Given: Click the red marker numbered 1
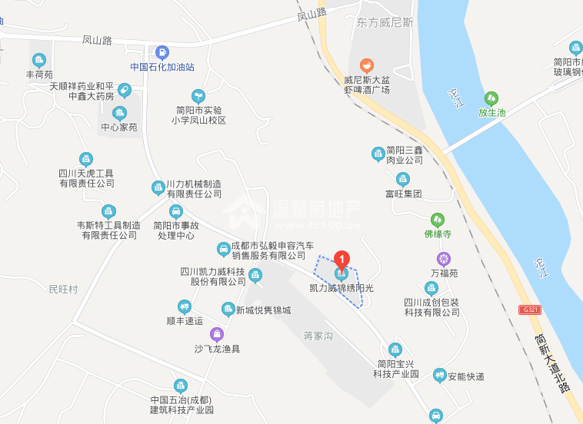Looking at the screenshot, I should pos(341,260).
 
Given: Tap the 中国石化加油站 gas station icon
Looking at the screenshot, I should pos(162,52).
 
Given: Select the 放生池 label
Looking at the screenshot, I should pos(491,112).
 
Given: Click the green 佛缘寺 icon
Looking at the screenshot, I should pos(438,219).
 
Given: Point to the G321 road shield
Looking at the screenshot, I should pos(528,309).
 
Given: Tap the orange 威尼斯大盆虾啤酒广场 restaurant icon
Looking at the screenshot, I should pos(367,65).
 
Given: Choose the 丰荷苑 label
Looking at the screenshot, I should pos(39,75).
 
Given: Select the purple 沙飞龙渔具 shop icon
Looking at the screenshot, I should pos(217,334).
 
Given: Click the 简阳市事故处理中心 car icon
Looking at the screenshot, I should pos(175,211).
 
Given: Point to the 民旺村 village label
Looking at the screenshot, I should pos(63,290).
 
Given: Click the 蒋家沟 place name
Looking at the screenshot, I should pos(317,336).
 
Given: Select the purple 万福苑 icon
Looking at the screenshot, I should pos(444,259).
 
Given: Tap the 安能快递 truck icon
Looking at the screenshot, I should pos(439,376).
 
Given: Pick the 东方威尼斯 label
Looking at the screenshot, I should pos(385,23).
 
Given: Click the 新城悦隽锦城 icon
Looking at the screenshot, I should pos(228,310).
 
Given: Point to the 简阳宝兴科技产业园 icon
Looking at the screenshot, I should pos(395,349).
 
